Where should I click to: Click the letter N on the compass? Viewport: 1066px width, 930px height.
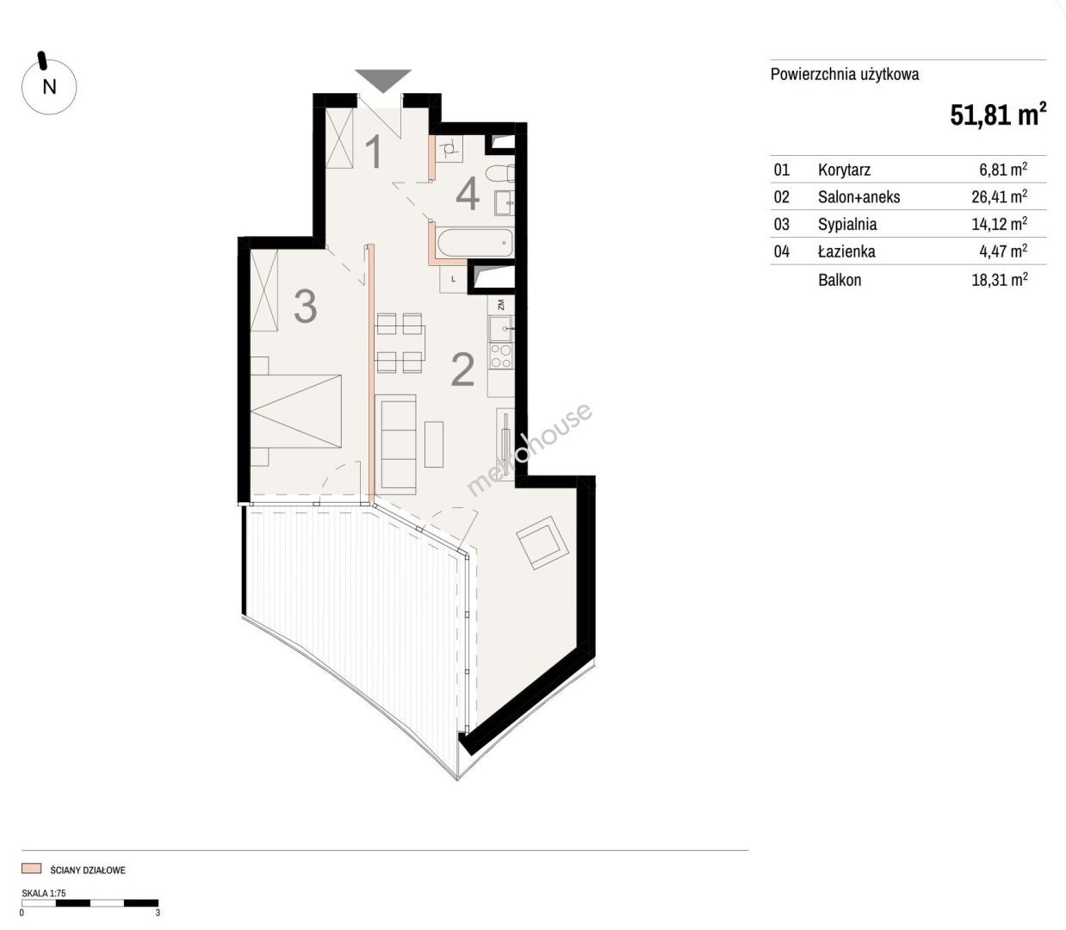tap(49, 86)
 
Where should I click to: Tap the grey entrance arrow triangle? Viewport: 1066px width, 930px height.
tap(383, 80)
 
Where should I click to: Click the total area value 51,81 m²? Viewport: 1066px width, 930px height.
tap(998, 115)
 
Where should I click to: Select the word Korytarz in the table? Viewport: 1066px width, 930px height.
tap(844, 170)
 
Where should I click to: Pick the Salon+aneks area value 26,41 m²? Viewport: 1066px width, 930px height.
tap(1000, 196)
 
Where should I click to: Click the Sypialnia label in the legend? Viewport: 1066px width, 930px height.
tap(847, 224)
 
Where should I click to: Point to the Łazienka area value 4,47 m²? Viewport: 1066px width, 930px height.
tap(1003, 251)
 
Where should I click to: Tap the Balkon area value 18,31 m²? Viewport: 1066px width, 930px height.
tap(1000, 280)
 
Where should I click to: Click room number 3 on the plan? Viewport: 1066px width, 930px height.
tap(306, 307)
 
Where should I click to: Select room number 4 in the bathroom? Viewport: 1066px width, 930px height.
tap(468, 193)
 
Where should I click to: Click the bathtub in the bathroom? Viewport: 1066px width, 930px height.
tap(475, 244)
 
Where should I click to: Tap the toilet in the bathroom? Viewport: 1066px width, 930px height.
tap(500, 172)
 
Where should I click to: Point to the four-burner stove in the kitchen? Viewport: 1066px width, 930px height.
tap(501, 356)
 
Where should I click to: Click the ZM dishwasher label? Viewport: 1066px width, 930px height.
tap(500, 304)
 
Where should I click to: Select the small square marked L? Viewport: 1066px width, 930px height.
tap(453, 279)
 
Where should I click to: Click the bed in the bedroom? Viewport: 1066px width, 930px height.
tap(296, 411)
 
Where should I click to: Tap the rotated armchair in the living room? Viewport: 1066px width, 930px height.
tap(542, 542)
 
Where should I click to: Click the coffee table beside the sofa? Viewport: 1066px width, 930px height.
tap(433, 444)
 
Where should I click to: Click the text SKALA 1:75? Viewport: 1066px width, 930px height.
tap(44, 893)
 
